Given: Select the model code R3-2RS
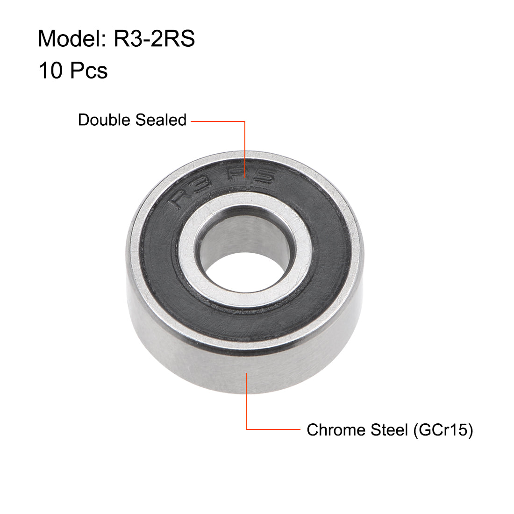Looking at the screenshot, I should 154,38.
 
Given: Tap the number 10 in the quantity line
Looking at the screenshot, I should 50,71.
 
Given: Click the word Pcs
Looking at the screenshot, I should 89,71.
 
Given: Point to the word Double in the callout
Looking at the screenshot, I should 104,120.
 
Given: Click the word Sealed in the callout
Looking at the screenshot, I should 160,120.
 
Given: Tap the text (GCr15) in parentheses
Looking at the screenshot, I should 443,429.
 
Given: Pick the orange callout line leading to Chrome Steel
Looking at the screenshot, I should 246,402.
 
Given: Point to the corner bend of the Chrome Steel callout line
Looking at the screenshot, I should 246,429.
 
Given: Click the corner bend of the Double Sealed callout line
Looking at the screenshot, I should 245,121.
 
